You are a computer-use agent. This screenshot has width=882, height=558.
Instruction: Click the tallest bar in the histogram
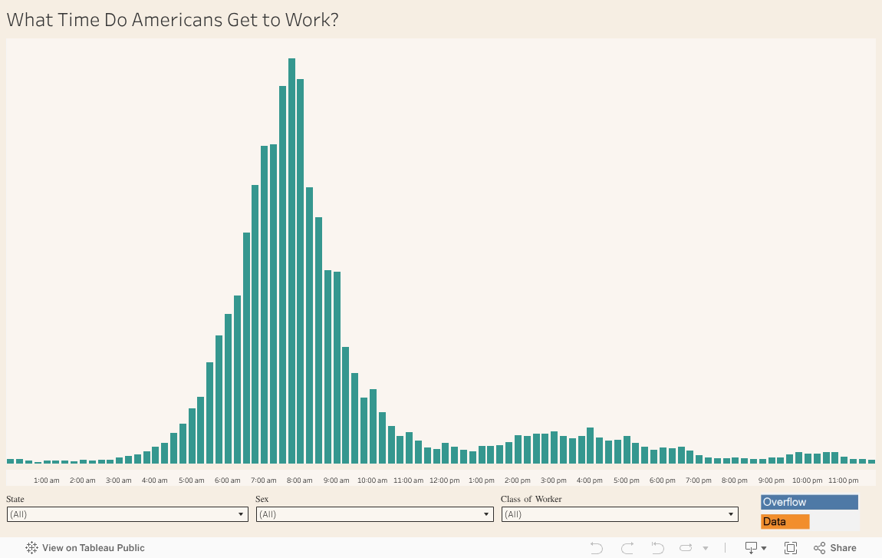291,261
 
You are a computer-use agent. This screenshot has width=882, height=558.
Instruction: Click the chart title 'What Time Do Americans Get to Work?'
173,20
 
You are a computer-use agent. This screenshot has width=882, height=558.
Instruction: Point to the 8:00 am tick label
299,480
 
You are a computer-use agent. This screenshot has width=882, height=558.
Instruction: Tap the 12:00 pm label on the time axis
444,480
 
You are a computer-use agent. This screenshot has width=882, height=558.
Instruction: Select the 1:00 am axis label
47,480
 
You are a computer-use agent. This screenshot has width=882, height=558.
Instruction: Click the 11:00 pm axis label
843,480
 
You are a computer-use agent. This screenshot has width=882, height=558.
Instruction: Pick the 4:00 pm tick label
589,480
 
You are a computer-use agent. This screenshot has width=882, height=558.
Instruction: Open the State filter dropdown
127,514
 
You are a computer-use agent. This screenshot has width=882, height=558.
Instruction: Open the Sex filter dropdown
374,514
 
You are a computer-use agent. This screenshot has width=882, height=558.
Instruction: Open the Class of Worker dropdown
620,514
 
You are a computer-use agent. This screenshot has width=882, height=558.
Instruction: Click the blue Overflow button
808,502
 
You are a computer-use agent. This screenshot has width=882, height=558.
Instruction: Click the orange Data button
785,522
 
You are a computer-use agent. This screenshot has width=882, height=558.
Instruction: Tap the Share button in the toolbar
834,548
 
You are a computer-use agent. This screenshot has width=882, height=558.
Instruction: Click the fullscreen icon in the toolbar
791,548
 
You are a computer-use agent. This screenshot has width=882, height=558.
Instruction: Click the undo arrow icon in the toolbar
597,548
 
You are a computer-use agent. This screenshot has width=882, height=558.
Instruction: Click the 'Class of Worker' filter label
531,499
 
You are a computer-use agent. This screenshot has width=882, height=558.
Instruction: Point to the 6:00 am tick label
227,480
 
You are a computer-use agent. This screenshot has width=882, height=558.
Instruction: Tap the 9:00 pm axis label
771,480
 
